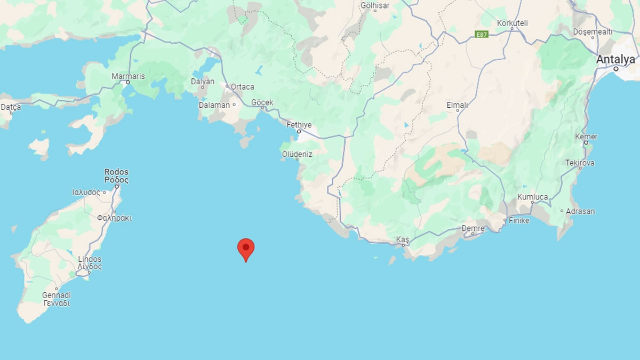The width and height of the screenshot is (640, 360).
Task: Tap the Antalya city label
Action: click(x=615, y=59)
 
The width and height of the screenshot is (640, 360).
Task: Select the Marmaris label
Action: click(x=128, y=76)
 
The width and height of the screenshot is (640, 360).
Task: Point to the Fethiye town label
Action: click(x=299, y=125)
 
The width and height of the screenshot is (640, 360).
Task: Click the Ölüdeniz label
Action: click(x=297, y=154)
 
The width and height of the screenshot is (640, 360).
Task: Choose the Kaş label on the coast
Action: click(x=402, y=240)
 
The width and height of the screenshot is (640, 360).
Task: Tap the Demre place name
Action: click(x=473, y=228)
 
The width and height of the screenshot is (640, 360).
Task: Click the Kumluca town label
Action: click(x=532, y=197)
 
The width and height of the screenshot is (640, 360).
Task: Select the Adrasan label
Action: click(x=580, y=211)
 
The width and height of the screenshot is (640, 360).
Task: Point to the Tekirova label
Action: click(x=580, y=163)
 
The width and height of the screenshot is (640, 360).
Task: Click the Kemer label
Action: click(x=586, y=137)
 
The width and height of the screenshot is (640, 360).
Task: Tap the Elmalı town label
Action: click(x=457, y=105)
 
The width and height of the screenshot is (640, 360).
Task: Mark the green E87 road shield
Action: click(x=482, y=35)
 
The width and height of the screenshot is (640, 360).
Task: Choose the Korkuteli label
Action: click(x=512, y=23)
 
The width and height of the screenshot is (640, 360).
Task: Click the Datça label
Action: click(x=11, y=107)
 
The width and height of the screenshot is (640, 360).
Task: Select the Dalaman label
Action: click(x=214, y=105)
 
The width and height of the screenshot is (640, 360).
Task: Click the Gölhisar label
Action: click(x=375, y=6)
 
